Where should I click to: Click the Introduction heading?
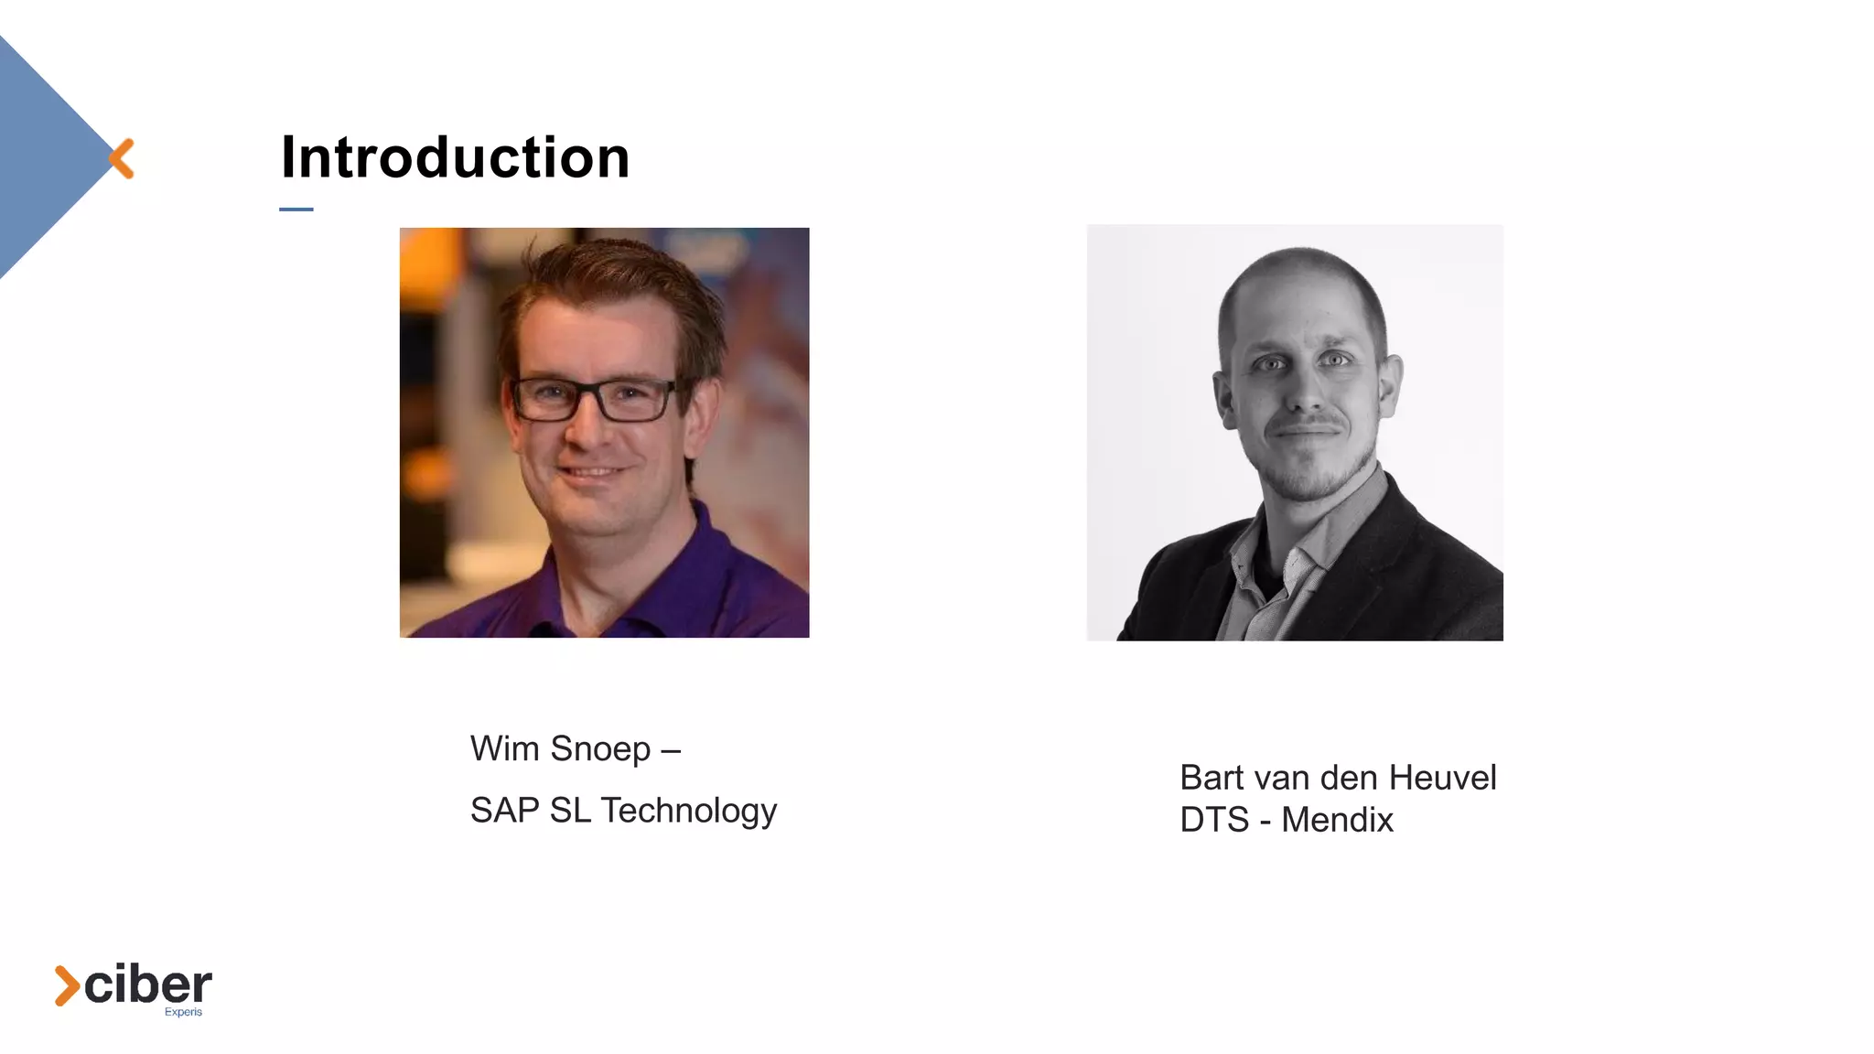(455, 157)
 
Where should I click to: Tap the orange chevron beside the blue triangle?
(122, 158)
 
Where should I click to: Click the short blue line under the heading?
(296, 210)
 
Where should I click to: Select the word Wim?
(504, 748)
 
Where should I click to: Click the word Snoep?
(600, 749)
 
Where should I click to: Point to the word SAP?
(504, 811)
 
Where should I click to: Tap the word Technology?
(688, 812)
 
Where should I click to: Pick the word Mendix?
(1337, 820)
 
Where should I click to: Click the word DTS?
(1214, 820)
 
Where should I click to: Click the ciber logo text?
(148, 985)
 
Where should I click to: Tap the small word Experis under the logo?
(183, 1012)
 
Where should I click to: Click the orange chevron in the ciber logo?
(66, 985)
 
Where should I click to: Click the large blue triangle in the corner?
(41, 156)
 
